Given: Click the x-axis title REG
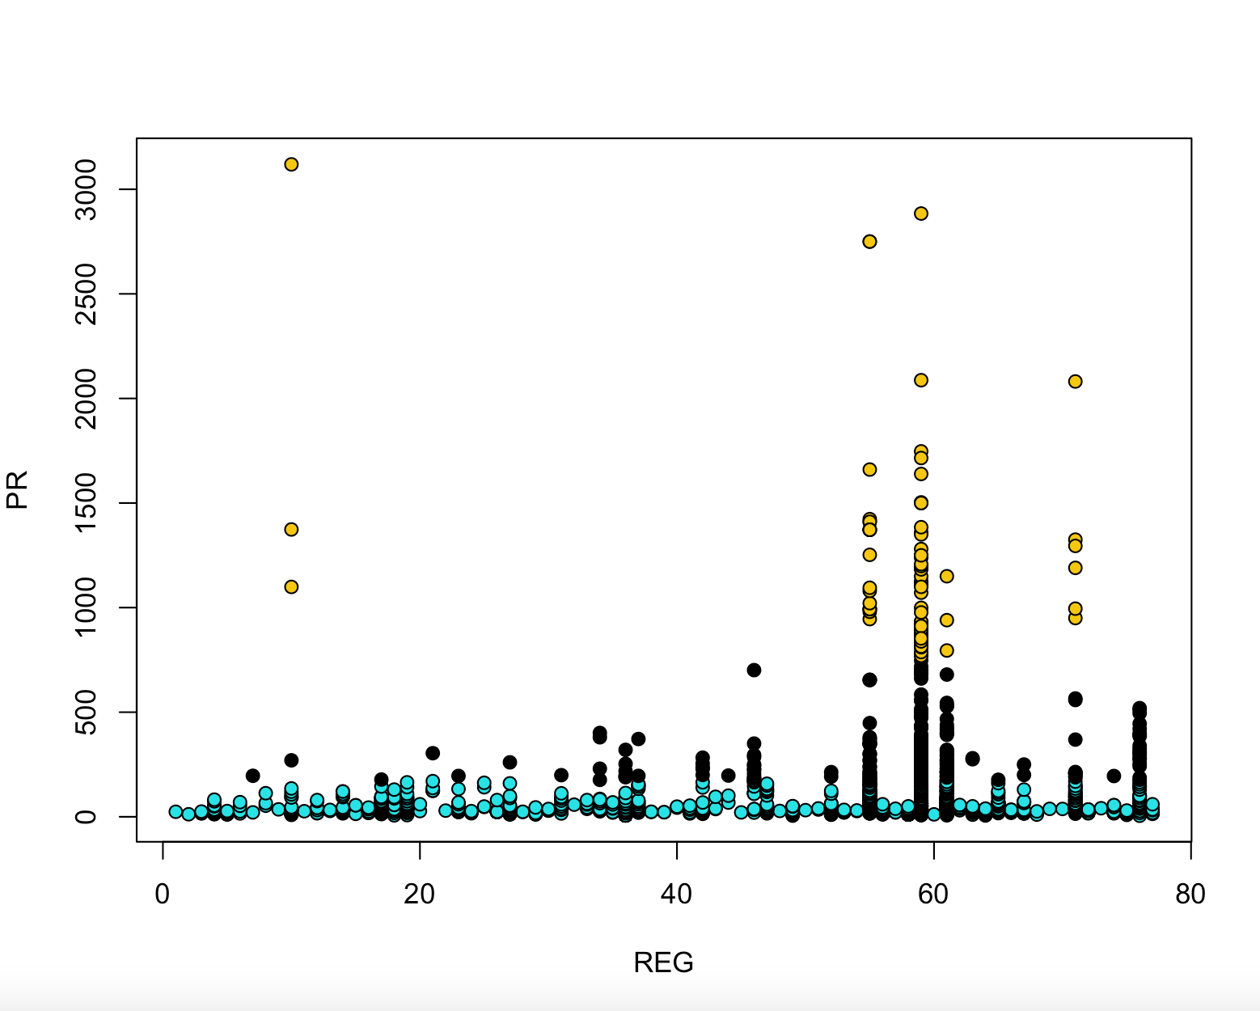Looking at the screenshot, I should pos(663,962).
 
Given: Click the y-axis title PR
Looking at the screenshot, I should pos(18,489).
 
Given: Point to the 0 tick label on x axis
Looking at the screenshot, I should pos(163,895).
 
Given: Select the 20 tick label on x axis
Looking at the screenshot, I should pos(419,895).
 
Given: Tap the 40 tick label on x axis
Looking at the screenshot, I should pos(676,895).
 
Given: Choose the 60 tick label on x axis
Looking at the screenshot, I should pos(933,895).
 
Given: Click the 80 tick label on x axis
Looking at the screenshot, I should pos(1190,895).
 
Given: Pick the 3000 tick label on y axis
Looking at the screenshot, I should pos(86,190).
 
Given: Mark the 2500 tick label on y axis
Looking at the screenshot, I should pos(86,294).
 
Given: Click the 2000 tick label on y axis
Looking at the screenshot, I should pos(86,399).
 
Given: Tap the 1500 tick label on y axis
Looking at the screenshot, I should pos(86,503).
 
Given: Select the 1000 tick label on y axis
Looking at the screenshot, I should pos(86,607).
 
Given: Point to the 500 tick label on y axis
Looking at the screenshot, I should pos(86,712).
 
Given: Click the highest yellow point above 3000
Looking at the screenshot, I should pos(291,164).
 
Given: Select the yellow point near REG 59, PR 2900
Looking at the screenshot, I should pos(920,214).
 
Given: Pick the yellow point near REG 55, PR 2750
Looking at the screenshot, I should pos(869,241).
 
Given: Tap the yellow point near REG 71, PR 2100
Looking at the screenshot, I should pos(1075,381).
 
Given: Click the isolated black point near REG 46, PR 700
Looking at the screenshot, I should pos(754,670).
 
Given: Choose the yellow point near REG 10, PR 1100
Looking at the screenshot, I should pos(291,586).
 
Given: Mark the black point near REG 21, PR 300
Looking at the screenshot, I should pos(433,753).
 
